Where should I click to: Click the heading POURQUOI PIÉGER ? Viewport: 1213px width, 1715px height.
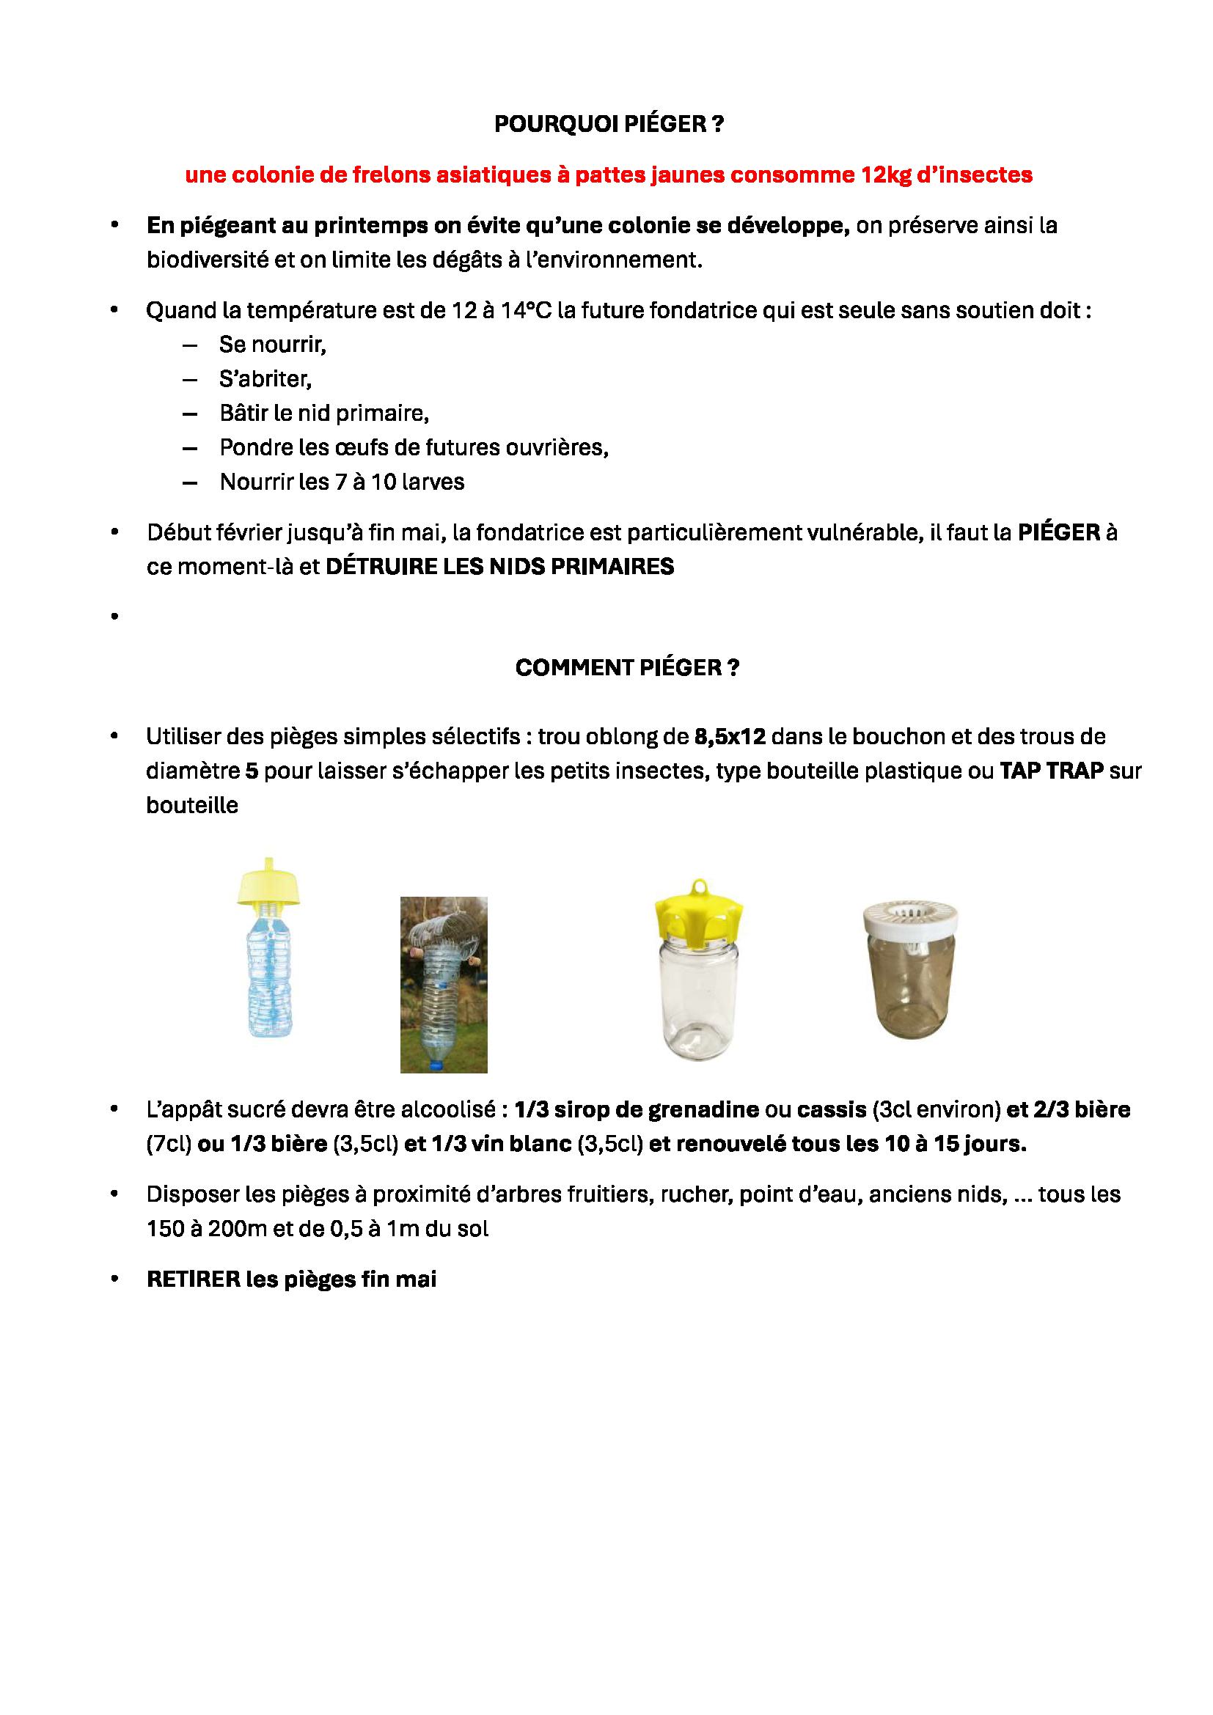tap(609, 125)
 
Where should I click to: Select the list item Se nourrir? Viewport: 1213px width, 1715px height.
tap(273, 345)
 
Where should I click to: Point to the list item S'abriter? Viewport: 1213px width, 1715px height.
tap(265, 380)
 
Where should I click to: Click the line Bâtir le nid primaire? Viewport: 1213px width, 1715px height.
tap(323, 414)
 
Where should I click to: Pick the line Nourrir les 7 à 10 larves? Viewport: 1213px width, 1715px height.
tap(341, 482)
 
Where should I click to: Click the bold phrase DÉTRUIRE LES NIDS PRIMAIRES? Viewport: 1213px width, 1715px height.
tap(499, 567)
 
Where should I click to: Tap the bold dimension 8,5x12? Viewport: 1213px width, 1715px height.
tap(730, 737)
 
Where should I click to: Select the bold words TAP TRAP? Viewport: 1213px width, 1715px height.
tap(1051, 771)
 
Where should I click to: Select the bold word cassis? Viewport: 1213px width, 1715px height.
tap(831, 1111)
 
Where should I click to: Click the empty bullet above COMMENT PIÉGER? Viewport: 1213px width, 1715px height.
tap(114, 617)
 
